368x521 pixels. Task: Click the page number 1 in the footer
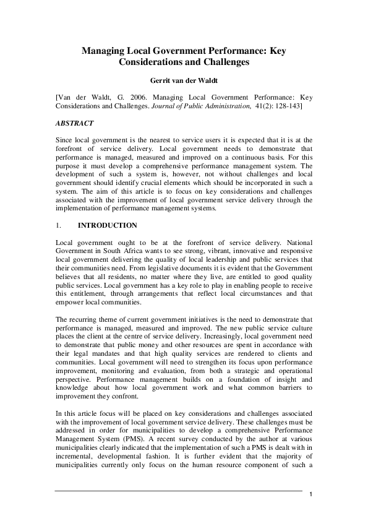pos(310,494)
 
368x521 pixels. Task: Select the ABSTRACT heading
pos(74,124)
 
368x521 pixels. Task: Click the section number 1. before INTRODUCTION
pos(59,225)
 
